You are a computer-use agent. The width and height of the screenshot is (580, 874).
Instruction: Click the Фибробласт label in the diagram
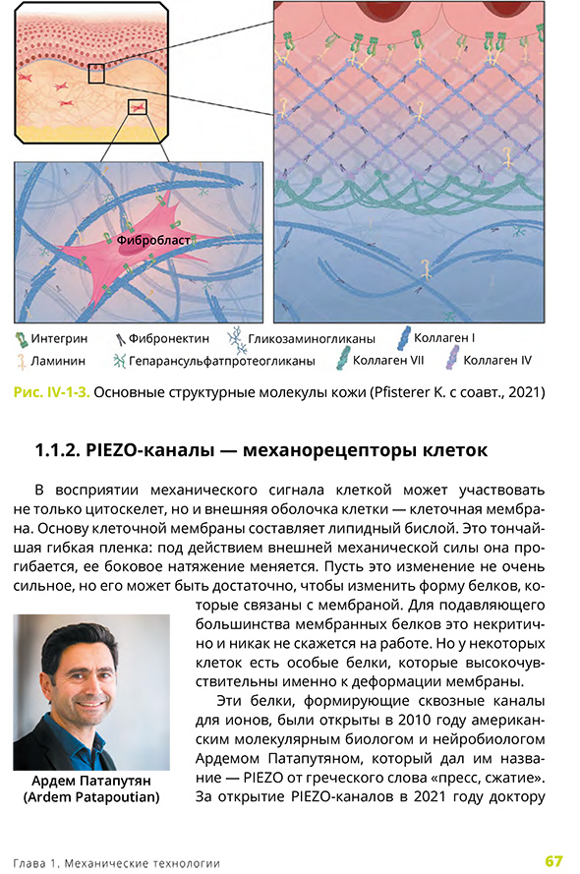(x=152, y=239)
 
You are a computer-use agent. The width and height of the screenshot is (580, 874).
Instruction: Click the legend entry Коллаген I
(x=445, y=338)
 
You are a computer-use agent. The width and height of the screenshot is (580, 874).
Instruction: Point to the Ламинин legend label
(x=58, y=361)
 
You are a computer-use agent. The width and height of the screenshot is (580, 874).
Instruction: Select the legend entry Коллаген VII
(x=387, y=361)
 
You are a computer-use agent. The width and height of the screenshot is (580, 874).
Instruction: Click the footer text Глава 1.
(x=38, y=862)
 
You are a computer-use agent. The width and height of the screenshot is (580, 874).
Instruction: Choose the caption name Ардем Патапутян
(x=90, y=782)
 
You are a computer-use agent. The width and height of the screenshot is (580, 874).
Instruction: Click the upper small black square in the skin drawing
(x=96, y=74)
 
